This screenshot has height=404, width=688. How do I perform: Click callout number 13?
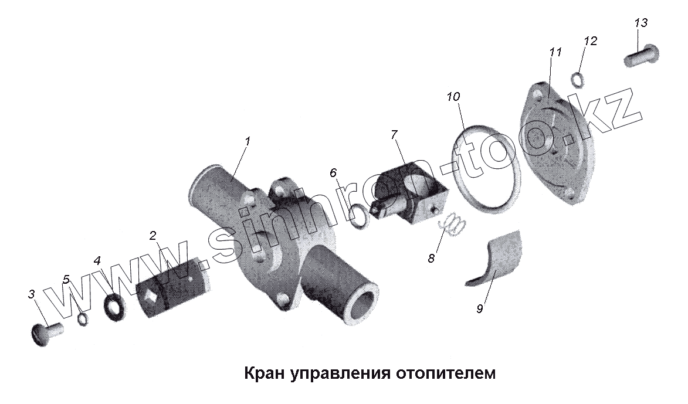[x=640, y=23]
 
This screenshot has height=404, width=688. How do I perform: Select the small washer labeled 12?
[x=577, y=78]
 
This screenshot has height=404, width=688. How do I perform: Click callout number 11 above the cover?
[x=555, y=52]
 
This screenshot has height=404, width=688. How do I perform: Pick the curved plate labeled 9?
[x=496, y=258]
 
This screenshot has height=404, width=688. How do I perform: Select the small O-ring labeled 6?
[x=359, y=216]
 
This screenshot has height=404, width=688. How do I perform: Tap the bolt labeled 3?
[x=46, y=334]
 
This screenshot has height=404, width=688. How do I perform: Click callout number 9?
[x=479, y=309]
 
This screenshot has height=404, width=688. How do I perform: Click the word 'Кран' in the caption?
[x=263, y=374]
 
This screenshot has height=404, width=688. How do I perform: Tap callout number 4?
[x=97, y=260]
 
